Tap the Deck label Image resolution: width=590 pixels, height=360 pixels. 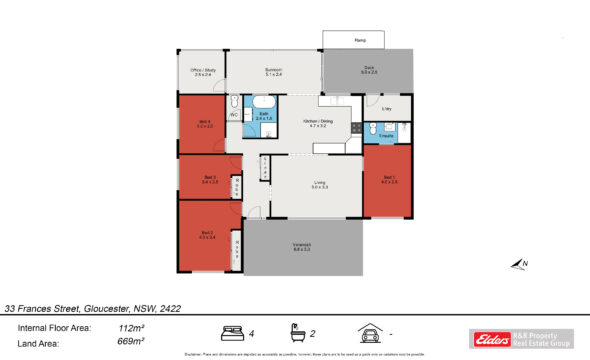tap(369, 70)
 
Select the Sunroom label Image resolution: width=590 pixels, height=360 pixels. tap(273, 71)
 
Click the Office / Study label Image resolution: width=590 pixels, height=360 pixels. tap(202, 71)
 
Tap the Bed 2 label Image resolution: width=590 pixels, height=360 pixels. tap(207, 235)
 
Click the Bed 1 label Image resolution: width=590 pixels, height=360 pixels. tap(389, 180)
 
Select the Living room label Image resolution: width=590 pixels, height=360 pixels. tap(320, 184)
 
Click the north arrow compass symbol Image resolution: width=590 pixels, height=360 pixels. tap(518, 265)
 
